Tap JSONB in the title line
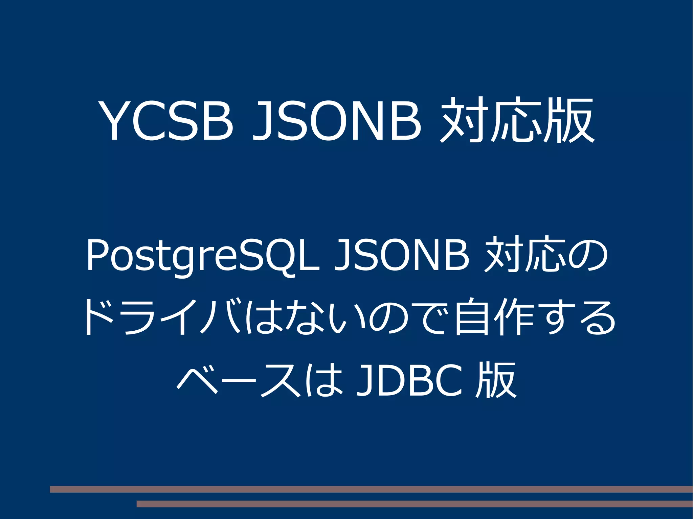click(337, 120)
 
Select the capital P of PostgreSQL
click(96, 255)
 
